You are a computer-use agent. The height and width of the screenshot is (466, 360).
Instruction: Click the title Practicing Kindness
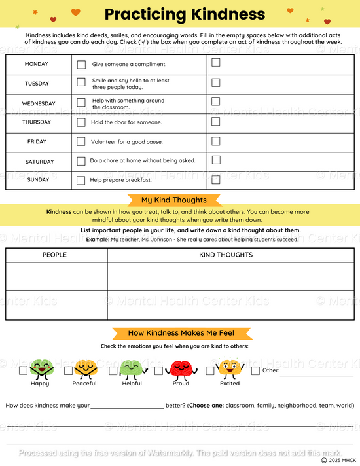(x=185, y=14)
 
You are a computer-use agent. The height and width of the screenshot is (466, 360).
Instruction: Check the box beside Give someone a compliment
(x=81, y=65)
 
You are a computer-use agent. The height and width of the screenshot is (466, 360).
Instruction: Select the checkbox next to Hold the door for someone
(x=81, y=122)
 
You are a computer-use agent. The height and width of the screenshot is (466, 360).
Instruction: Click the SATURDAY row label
(x=40, y=162)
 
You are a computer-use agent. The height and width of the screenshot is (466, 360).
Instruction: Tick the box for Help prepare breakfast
(x=81, y=181)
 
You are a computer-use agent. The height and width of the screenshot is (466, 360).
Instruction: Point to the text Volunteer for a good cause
(x=127, y=142)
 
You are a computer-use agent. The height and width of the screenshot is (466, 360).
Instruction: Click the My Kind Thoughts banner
(x=174, y=200)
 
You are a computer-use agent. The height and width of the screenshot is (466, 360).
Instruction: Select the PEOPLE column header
(x=54, y=255)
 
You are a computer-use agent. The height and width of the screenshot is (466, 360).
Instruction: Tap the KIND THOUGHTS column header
(x=226, y=255)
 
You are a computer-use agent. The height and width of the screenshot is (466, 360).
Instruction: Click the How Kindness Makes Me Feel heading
(x=181, y=333)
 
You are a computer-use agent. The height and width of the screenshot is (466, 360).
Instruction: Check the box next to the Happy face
(x=24, y=370)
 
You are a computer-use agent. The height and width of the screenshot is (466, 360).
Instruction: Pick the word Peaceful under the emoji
(x=84, y=384)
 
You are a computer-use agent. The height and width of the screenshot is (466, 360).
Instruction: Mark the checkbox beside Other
(x=255, y=370)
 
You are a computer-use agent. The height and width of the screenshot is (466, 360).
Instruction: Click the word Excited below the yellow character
(x=230, y=384)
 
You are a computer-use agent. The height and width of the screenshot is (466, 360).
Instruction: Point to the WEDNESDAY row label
(x=39, y=103)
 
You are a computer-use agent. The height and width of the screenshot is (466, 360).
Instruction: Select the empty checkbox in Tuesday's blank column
(x=216, y=82)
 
